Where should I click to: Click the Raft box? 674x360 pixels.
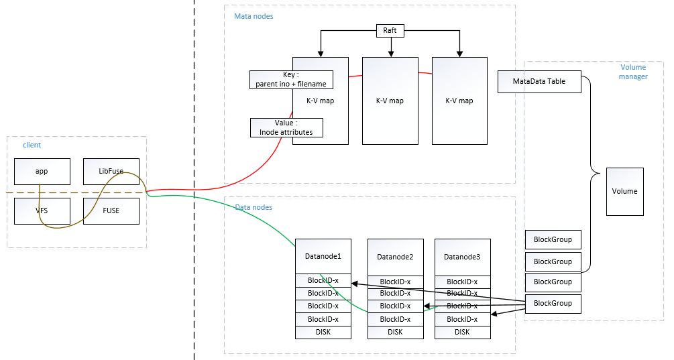(x=390, y=30)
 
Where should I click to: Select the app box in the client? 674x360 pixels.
(x=42, y=171)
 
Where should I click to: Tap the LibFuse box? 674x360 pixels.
(x=111, y=171)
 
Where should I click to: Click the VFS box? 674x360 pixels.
(x=42, y=211)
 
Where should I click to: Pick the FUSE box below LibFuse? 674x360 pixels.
(x=111, y=211)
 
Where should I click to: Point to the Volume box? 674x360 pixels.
(x=624, y=191)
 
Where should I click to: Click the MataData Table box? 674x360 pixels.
(x=539, y=82)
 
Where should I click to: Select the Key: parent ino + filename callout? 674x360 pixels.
(x=291, y=80)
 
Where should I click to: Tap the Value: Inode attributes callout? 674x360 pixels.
(x=286, y=128)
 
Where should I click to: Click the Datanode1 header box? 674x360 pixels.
(x=323, y=256)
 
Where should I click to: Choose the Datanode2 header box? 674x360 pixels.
(x=395, y=257)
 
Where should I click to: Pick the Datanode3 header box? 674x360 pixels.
(x=462, y=257)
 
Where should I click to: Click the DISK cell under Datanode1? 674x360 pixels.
(x=323, y=332)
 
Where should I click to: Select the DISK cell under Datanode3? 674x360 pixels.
(x=462, y=332)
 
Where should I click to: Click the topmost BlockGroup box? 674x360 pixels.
(x=553, y=239)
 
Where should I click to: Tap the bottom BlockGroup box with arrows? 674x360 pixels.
(x=553, y=304)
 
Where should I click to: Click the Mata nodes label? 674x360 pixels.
(x=254, y=16)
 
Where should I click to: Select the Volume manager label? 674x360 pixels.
(x=634, y=72)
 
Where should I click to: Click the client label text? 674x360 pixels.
(x=32, y=145)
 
